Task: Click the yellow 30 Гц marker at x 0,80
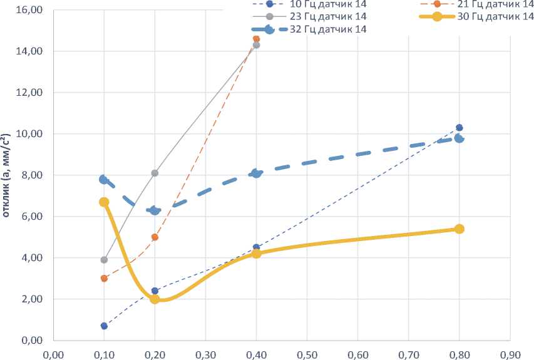(460, 229)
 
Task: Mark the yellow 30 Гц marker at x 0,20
(155, 299)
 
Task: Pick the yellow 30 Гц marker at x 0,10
(104, 202)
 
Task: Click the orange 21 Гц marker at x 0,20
(155, 237)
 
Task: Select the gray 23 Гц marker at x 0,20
(155, 173)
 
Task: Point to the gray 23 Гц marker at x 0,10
(104, 260)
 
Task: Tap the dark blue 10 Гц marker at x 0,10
(104, 326)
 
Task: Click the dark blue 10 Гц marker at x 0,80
(460, 128)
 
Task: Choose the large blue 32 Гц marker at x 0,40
(256, 173)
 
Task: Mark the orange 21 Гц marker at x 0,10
(104, 279)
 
